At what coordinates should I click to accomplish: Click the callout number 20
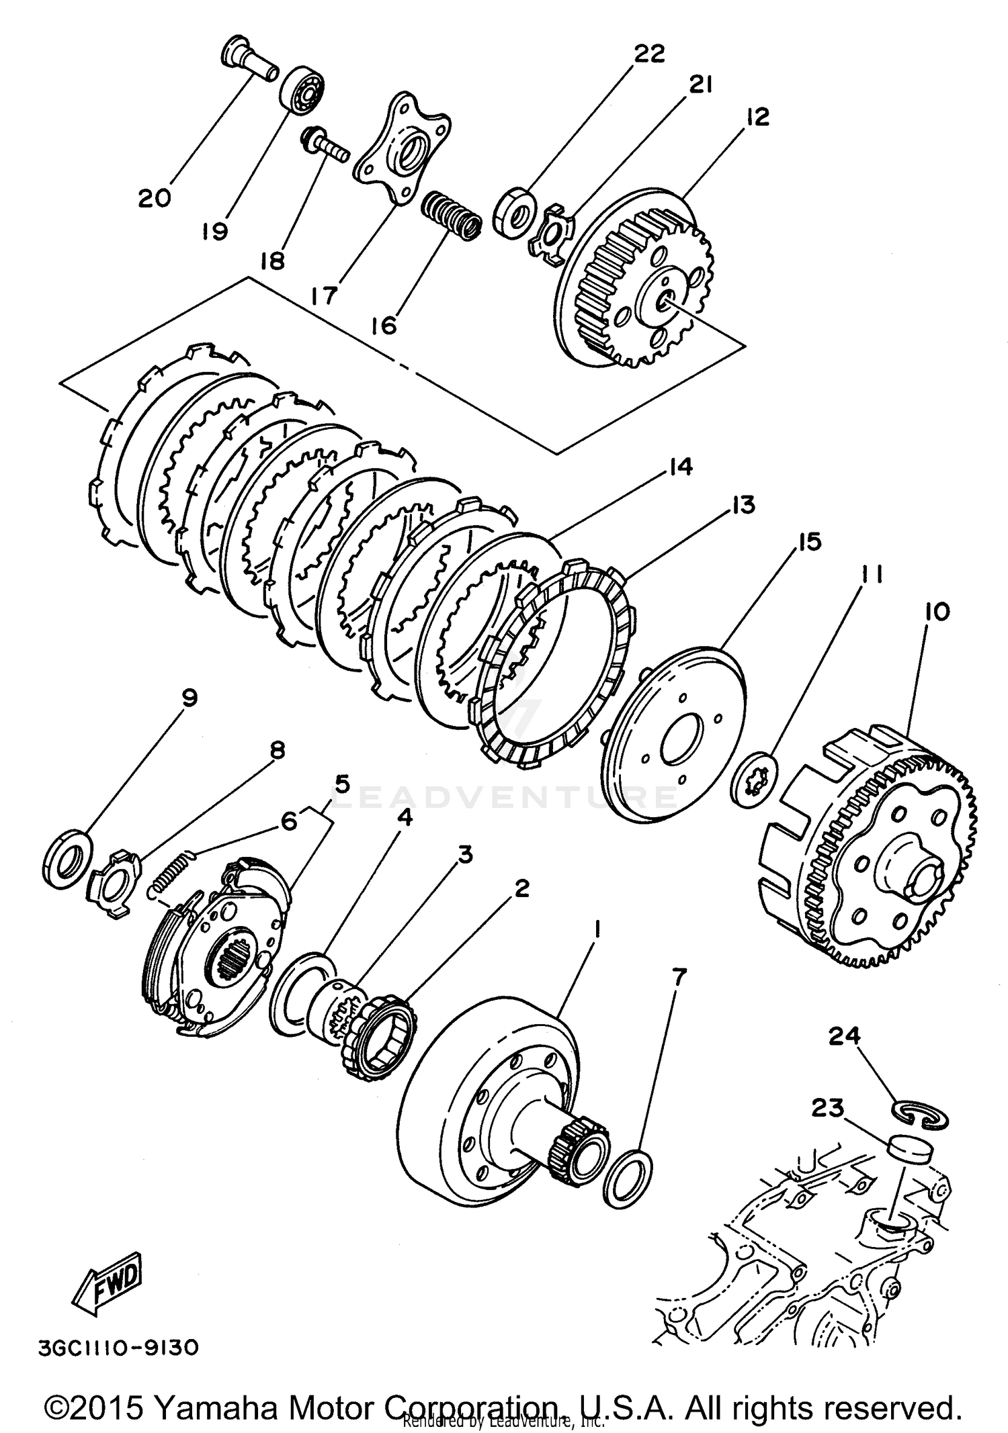click(x=155, y=198)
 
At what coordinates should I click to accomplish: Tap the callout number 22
click(x=649, y=53)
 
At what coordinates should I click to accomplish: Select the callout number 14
click(x=680, y=467)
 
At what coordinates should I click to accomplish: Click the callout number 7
click(x=678, y=978)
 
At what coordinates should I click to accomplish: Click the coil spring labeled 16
click(x=451, y=215)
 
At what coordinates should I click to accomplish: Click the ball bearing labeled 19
click(x=302, y=91)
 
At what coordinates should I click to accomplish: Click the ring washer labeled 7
click(x=628, y=1178)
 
